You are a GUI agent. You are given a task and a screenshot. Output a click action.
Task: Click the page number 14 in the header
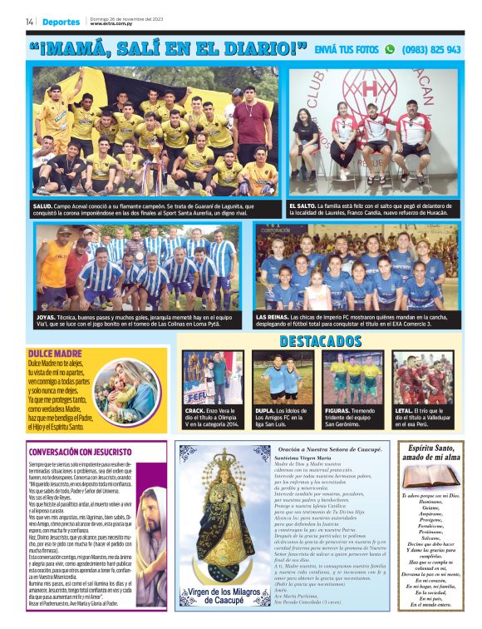[29, 22]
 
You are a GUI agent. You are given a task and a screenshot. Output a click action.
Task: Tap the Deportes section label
[61, 22]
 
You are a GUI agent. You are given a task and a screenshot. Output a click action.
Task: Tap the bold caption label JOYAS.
[47, 317]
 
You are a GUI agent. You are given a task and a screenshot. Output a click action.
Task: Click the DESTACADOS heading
[320, 342]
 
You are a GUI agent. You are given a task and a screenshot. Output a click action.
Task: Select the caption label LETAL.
[405, 410]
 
